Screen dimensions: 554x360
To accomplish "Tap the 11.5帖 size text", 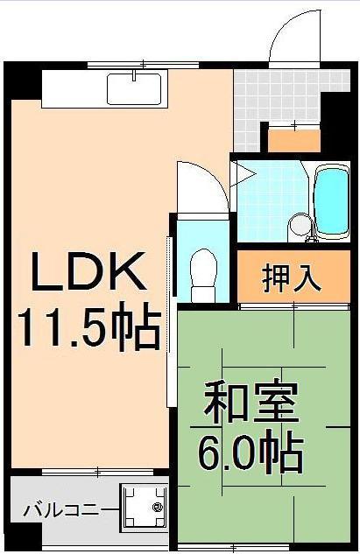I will point(88,328).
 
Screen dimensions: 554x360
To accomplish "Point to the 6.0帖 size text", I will point(251,453).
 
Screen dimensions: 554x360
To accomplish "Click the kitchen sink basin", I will point(134,88).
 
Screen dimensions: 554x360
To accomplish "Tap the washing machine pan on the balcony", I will point(145,508).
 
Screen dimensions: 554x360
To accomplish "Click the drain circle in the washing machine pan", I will point(158,507).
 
